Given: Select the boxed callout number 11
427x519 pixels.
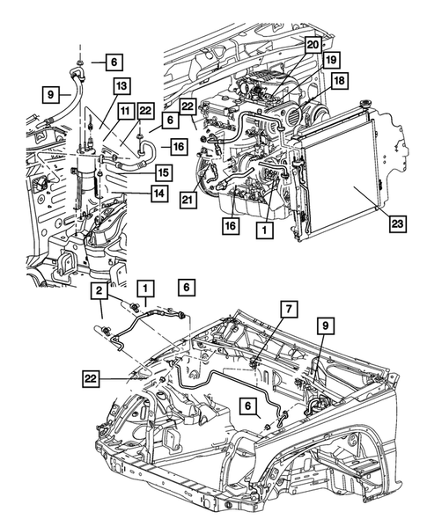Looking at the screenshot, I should click(126, 110).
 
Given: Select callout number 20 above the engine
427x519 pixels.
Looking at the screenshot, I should click(313, 43).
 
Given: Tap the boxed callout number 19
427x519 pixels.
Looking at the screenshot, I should click(331, 61).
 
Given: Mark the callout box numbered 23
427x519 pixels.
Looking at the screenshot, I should click(398, 224).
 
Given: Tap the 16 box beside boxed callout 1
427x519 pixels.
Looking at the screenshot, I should click(230, 225).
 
